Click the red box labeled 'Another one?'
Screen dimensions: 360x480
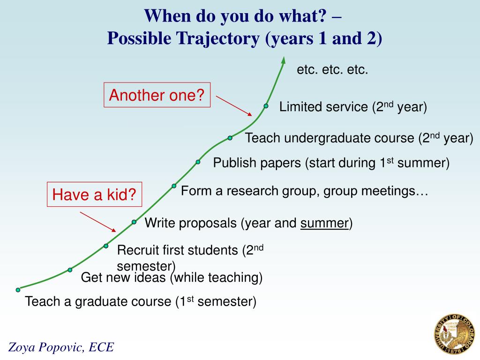point(157,96)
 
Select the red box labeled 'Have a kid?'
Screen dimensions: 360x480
point(94,195)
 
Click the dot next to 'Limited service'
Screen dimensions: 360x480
point(266,106)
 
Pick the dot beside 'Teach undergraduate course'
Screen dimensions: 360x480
point(230,138)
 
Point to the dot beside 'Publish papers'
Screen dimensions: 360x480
point(198,162)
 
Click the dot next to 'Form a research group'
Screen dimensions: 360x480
point(174,186)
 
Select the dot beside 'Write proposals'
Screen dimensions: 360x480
point(134,222)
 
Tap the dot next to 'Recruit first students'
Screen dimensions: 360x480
point(106,246)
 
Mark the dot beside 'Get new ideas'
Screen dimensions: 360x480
point(70,270)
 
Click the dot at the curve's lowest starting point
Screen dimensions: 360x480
point(18,290)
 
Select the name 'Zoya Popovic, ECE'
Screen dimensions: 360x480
point(61,347)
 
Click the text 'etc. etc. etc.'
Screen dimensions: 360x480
point(332,70)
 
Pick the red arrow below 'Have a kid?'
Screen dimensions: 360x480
point(98,221)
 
